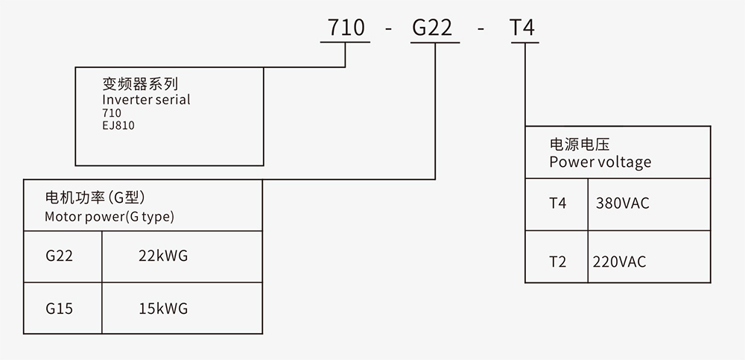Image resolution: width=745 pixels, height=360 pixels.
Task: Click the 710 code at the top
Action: tap(346, 28)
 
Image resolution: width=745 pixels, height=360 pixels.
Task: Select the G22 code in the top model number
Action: tap(432, 28)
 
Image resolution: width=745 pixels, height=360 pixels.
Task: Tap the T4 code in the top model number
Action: tap(521, 28)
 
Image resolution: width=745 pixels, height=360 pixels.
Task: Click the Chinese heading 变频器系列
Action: tap(140, 83)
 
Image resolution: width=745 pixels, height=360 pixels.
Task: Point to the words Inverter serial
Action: tap(146, 99)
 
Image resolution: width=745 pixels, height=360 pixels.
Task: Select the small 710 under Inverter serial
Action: tap(112, 113)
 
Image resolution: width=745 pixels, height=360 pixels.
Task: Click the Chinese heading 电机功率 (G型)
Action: tap(95, 199)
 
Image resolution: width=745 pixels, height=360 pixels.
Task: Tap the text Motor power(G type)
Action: tap(109, 218)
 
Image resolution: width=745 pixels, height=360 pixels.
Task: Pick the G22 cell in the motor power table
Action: tap(59, 256)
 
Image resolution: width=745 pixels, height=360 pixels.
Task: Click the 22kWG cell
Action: tap(163, 256)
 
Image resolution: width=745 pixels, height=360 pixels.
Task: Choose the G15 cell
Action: tap(59, 308)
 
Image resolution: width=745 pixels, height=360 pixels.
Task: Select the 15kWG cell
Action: tap(163, 308)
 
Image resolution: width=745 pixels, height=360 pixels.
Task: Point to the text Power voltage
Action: tap(600, 162)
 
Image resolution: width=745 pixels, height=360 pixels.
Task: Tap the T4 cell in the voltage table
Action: tap(557, 203)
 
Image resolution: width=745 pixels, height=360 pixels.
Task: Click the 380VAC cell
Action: tap(623, 203)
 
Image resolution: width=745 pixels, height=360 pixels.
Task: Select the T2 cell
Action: tap(557, 262)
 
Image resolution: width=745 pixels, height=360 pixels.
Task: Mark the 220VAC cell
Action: tap(619, 262)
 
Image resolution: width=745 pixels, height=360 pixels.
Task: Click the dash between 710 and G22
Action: tap(389, 30)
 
